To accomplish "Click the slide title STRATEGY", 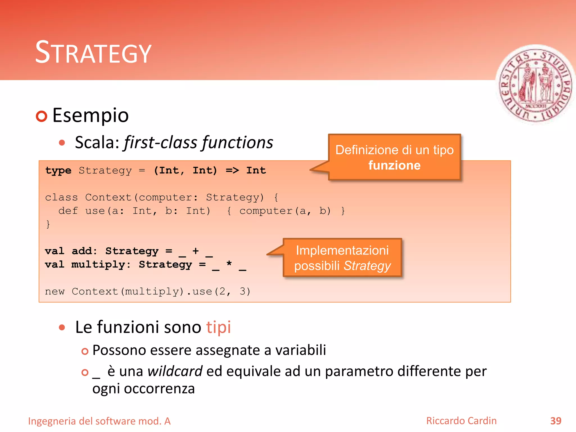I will [93, 53].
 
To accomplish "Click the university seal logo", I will [535, 84].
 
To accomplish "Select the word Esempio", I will [90, 115].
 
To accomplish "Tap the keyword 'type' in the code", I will [58, 170].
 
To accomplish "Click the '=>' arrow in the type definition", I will [232, 170].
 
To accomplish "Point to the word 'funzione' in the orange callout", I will [394, 165].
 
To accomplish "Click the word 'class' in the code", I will [61, 197].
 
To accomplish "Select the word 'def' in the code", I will [68, 211].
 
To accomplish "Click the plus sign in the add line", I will [195, 251].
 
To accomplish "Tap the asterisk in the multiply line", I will [229, 264].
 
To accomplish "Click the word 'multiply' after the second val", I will [98, 265].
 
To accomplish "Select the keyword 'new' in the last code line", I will [55, 292].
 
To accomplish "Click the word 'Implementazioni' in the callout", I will [342, 250].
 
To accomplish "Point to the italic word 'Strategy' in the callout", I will [367, 266].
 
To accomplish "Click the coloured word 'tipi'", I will [219, 327].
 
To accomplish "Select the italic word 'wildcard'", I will [175, 371].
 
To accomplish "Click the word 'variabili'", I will [300, 350].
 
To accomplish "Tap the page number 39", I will [555, 421].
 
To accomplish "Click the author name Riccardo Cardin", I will [461, 421].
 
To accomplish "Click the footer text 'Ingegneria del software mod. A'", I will [99, 421].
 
